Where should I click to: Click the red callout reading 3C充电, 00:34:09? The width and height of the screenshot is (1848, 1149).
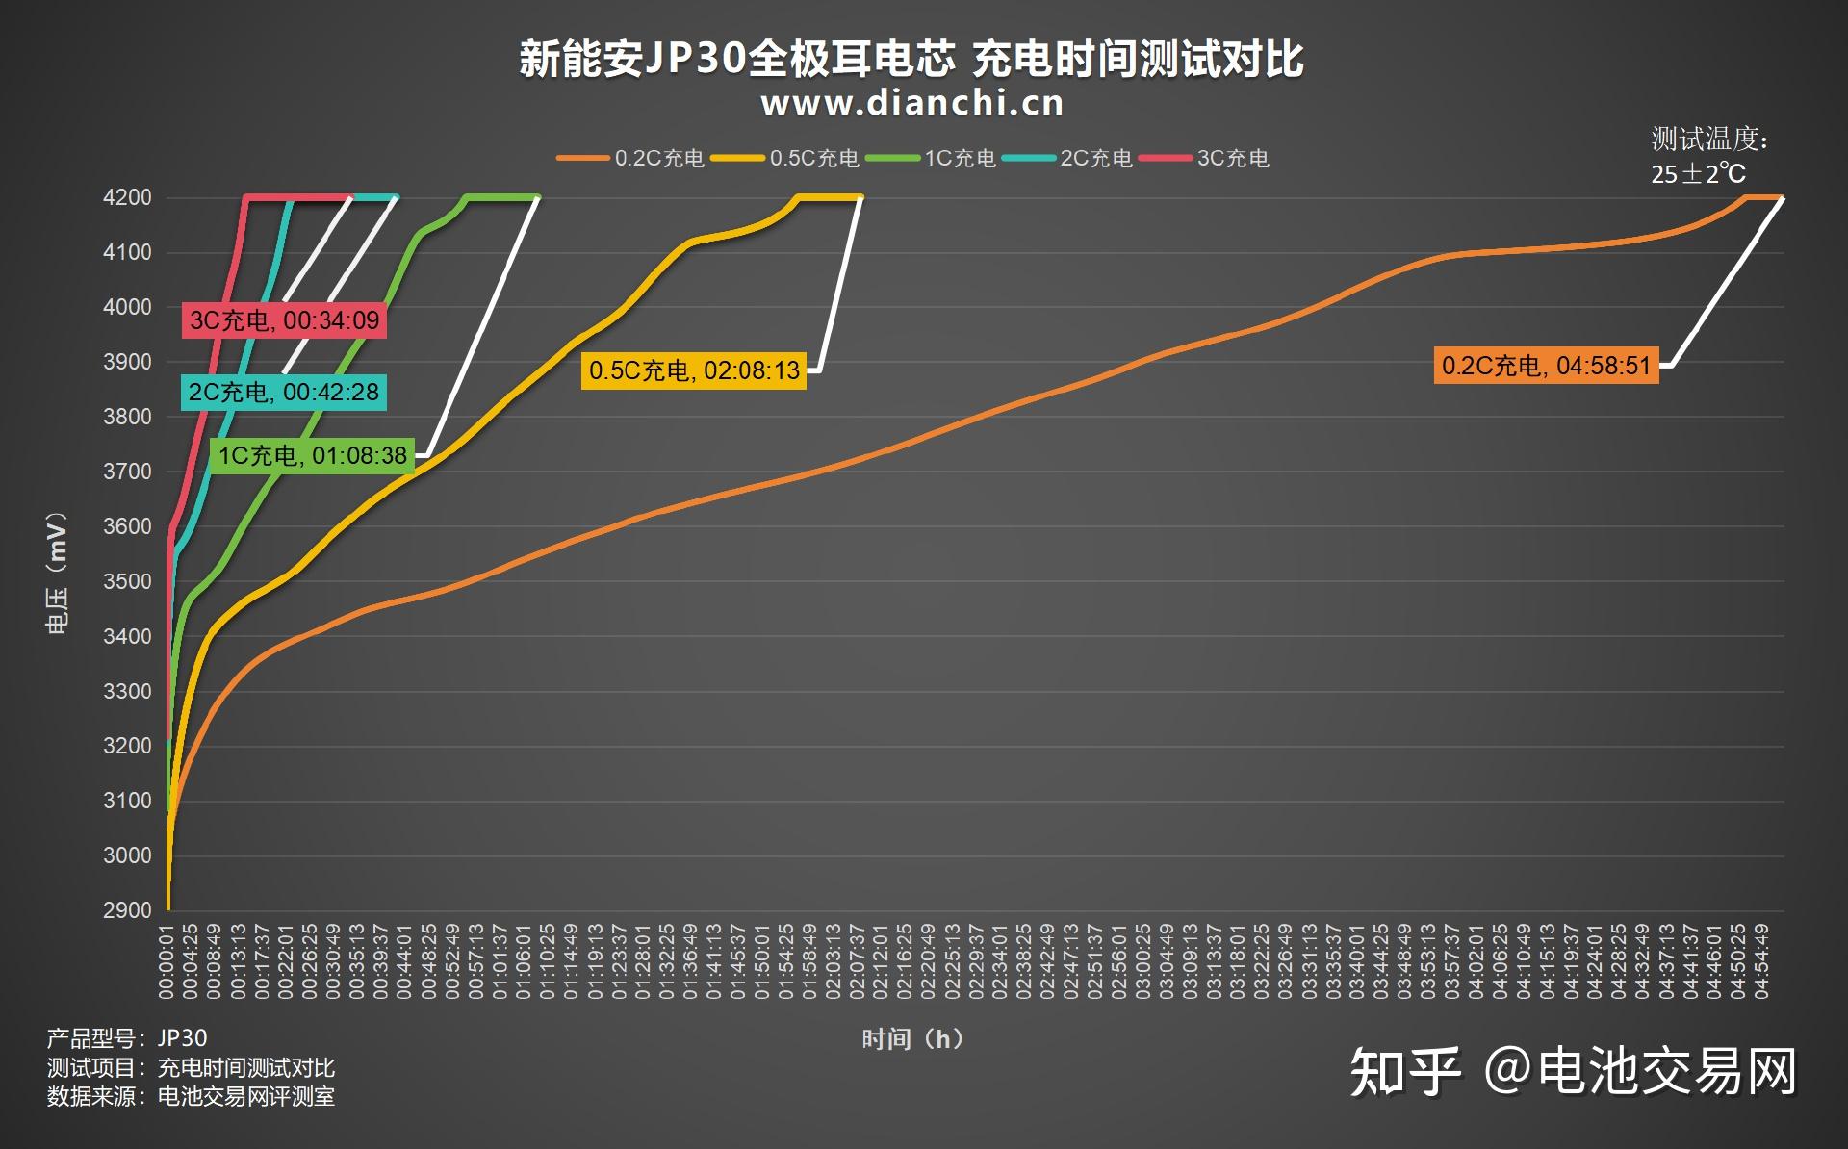coord(285,320)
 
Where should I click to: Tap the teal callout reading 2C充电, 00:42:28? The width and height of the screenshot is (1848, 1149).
coord(284,393)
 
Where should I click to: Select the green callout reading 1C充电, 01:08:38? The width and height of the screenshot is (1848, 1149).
coord(313,455)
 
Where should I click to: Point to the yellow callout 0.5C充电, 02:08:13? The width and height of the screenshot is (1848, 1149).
coord(694,370)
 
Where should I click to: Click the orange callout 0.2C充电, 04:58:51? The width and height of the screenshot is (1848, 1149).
coord(1546,366)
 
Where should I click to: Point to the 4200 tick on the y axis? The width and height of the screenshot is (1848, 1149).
coord(128,198)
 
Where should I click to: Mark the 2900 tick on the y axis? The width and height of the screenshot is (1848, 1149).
coord(128,910)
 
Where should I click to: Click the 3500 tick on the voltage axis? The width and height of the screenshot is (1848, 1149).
coord(128,581)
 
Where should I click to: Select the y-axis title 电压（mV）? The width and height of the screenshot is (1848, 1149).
coord(57,574)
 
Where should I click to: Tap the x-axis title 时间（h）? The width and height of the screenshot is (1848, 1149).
coord(912,1039)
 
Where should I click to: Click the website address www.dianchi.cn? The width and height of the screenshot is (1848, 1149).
coord(912,103)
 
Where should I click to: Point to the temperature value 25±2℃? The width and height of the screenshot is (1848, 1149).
coord(1698,174)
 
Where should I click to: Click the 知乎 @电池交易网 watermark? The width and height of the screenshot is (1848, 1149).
coord(1573,1071)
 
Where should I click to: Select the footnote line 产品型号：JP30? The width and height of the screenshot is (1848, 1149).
coord(127,1038)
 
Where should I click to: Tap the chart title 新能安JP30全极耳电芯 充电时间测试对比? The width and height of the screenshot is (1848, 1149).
coord(911,59)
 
